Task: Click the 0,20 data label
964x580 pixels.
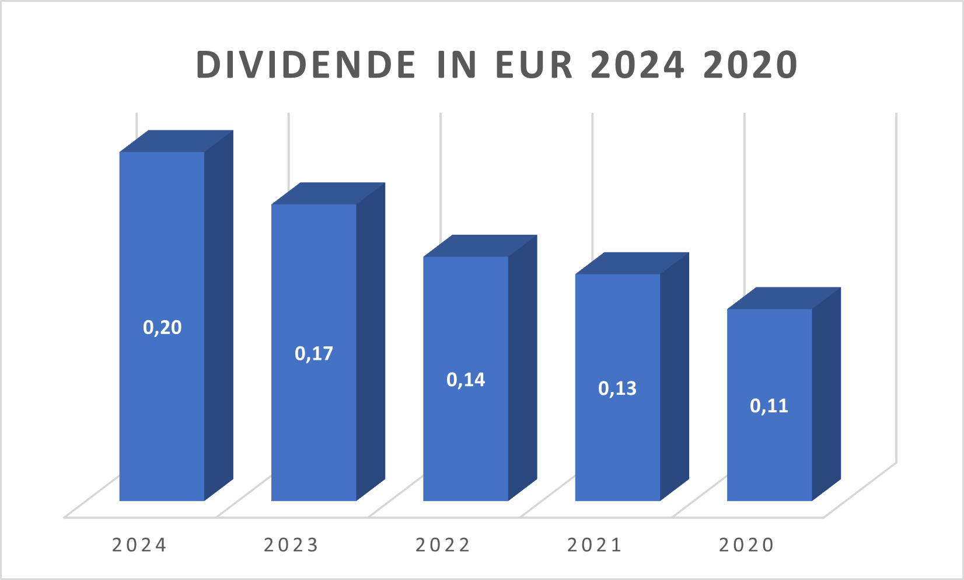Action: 162,328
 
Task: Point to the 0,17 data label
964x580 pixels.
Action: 314,354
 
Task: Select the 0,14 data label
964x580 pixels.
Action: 466,380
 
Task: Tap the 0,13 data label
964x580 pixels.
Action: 617,389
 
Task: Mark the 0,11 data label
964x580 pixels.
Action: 769,407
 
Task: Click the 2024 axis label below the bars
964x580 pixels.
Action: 139,545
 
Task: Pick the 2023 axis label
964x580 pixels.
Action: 291,545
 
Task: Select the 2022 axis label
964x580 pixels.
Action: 443,545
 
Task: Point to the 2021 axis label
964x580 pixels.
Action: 595,545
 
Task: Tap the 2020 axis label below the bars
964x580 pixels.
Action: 746,545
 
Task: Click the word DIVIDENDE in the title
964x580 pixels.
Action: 306,65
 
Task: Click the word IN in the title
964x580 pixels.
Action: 457,65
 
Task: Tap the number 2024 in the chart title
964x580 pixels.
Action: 637,65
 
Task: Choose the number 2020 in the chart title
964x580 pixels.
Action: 750,65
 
